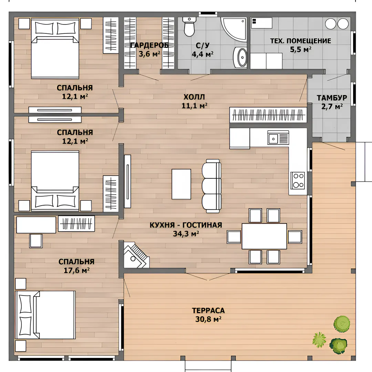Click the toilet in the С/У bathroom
[x=189, y=27]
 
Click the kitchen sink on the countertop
[x=278, y=137]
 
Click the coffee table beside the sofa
[x=181, y=184]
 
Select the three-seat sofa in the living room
[x=211, y=186]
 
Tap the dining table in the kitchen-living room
[x=264, y=236]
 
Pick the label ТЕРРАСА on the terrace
[x=208, y=310]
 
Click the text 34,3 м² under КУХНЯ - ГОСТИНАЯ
[x=186, y=234]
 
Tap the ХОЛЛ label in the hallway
[x=194, y=97]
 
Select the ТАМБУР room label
[x=332, y=98]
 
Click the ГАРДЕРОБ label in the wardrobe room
[x=149, y=45]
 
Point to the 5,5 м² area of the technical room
[x=301, y=49]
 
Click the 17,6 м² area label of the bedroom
[x=76, y=270]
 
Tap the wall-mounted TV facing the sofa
[x=127, y=181]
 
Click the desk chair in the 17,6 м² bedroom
[x=36, y=241]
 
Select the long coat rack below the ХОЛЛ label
[x=268, y=115]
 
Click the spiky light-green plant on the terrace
[x=319, y=340]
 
